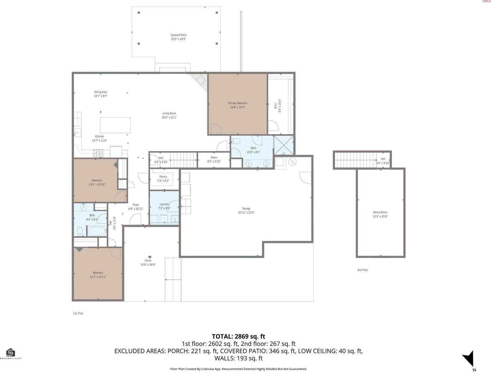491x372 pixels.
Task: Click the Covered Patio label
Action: click(x=178, y=35)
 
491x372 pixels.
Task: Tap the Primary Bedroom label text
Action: click(x=238, y=103)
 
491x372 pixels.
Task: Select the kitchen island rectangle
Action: click(x=115, y=125)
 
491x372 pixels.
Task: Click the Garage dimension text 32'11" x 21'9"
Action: click(x=246, y=213)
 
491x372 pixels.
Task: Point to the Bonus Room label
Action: click(x=380, y=212)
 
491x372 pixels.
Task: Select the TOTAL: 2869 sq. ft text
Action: click(x=239, y=336)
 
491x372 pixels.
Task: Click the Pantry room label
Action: click(x=163, y=177)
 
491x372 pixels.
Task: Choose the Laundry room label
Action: click(x=164, y=204)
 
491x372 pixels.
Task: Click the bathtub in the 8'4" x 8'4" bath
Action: click(x=97, y=231)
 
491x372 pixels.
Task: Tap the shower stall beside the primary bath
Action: click(x=283, y=145)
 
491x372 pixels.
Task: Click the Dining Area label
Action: click(x=100, y=92)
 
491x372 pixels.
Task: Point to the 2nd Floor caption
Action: click(x=363, y=270)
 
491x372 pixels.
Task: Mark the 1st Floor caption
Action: click(x=78, y=313)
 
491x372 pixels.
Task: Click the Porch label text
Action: click(x=148, y=261)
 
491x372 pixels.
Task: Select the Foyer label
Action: click(x=136, y=205)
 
